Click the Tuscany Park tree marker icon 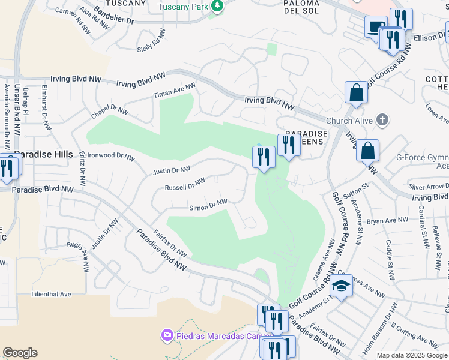click(x=217, y=7)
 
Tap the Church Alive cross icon click(x=382, y=120)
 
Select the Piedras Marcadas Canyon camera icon click(x=167, y=335)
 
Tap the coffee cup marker click(x=375, y=26)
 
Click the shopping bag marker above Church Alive click(x=356, y=92)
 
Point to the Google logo click(x=20, y=353)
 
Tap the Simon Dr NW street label click(x=208, y=206)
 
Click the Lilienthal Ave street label click(x=52, y=295)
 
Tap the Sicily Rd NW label click(x=150, y=44)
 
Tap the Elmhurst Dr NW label click(x=44, y=108)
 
